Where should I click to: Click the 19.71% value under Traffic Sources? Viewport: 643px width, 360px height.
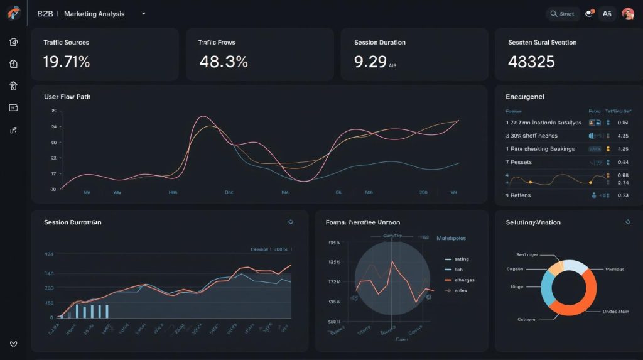pyautogui.click(x=67, y=62)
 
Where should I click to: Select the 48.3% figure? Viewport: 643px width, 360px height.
pyautogui.click(x=223, y=62)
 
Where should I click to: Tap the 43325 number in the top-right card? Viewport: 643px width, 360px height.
pyautogui.click(x=531, y=62)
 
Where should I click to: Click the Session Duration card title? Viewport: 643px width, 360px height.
pyautogui.click(x=379, y=43)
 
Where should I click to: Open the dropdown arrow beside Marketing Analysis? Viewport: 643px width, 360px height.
pyautogui.click(x=144, y=13)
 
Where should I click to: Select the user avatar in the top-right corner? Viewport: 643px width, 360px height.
pyautogui.click(x=627, y=13)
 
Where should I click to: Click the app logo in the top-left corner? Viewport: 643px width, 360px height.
pyautogui.click(x=14, y=13)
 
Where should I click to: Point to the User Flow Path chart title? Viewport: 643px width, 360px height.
pyautogui.click(x=67, y=97)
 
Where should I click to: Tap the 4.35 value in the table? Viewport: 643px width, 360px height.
pyautogui.click(x=623, y=136)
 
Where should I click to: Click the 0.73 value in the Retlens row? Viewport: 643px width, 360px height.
pyautogui.click(x=623, y=195)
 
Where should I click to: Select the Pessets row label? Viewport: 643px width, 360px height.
pyautogui.click(x=521, y=162)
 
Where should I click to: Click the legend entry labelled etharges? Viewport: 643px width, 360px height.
pyautogui.click(x=464, y=280)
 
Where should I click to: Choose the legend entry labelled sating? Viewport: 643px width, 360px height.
pyautogui.click(x=462, y=259)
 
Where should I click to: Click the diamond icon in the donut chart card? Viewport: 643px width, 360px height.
pyautogui.click(x=627, y=222)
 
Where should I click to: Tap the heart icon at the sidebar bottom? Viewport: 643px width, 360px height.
pyautogui.click(x=14, y=344)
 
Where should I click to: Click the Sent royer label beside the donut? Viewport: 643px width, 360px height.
pyautogui.click(x=528, y=255)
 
